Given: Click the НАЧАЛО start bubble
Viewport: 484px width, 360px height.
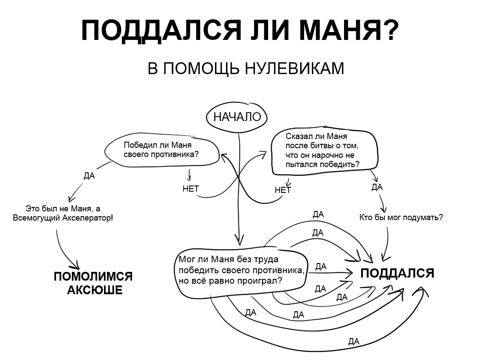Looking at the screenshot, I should coord(237,117).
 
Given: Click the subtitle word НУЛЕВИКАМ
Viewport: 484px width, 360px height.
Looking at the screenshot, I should coord(294,69).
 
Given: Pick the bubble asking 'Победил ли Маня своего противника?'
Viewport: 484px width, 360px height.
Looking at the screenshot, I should coord(161,150).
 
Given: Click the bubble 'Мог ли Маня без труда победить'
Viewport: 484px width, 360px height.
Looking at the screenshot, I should coord(240,270).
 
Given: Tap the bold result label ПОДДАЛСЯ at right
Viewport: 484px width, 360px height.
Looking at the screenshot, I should coord(397,273).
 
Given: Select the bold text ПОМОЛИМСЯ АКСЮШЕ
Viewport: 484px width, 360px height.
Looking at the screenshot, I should coord(93,283).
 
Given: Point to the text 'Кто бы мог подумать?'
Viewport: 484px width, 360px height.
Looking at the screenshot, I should coord(401,217).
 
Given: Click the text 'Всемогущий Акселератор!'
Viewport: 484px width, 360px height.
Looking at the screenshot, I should coord(63,217).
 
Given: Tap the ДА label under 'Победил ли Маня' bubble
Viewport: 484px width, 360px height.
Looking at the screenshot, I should coord(89,175).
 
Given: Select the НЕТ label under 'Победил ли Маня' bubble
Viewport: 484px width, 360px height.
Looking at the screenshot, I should coord(191,189).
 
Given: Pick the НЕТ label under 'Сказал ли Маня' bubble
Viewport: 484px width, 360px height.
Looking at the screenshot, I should coord(283,190).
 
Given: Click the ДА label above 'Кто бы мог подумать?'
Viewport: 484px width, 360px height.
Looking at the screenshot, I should coord(376,187).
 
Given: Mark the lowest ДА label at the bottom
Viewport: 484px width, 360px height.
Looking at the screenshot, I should coord(353,341).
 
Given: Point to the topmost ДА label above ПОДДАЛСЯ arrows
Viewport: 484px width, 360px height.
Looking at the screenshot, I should coord(318,214).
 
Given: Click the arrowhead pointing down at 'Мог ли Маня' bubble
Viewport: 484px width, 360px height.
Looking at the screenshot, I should coord(239,240).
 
